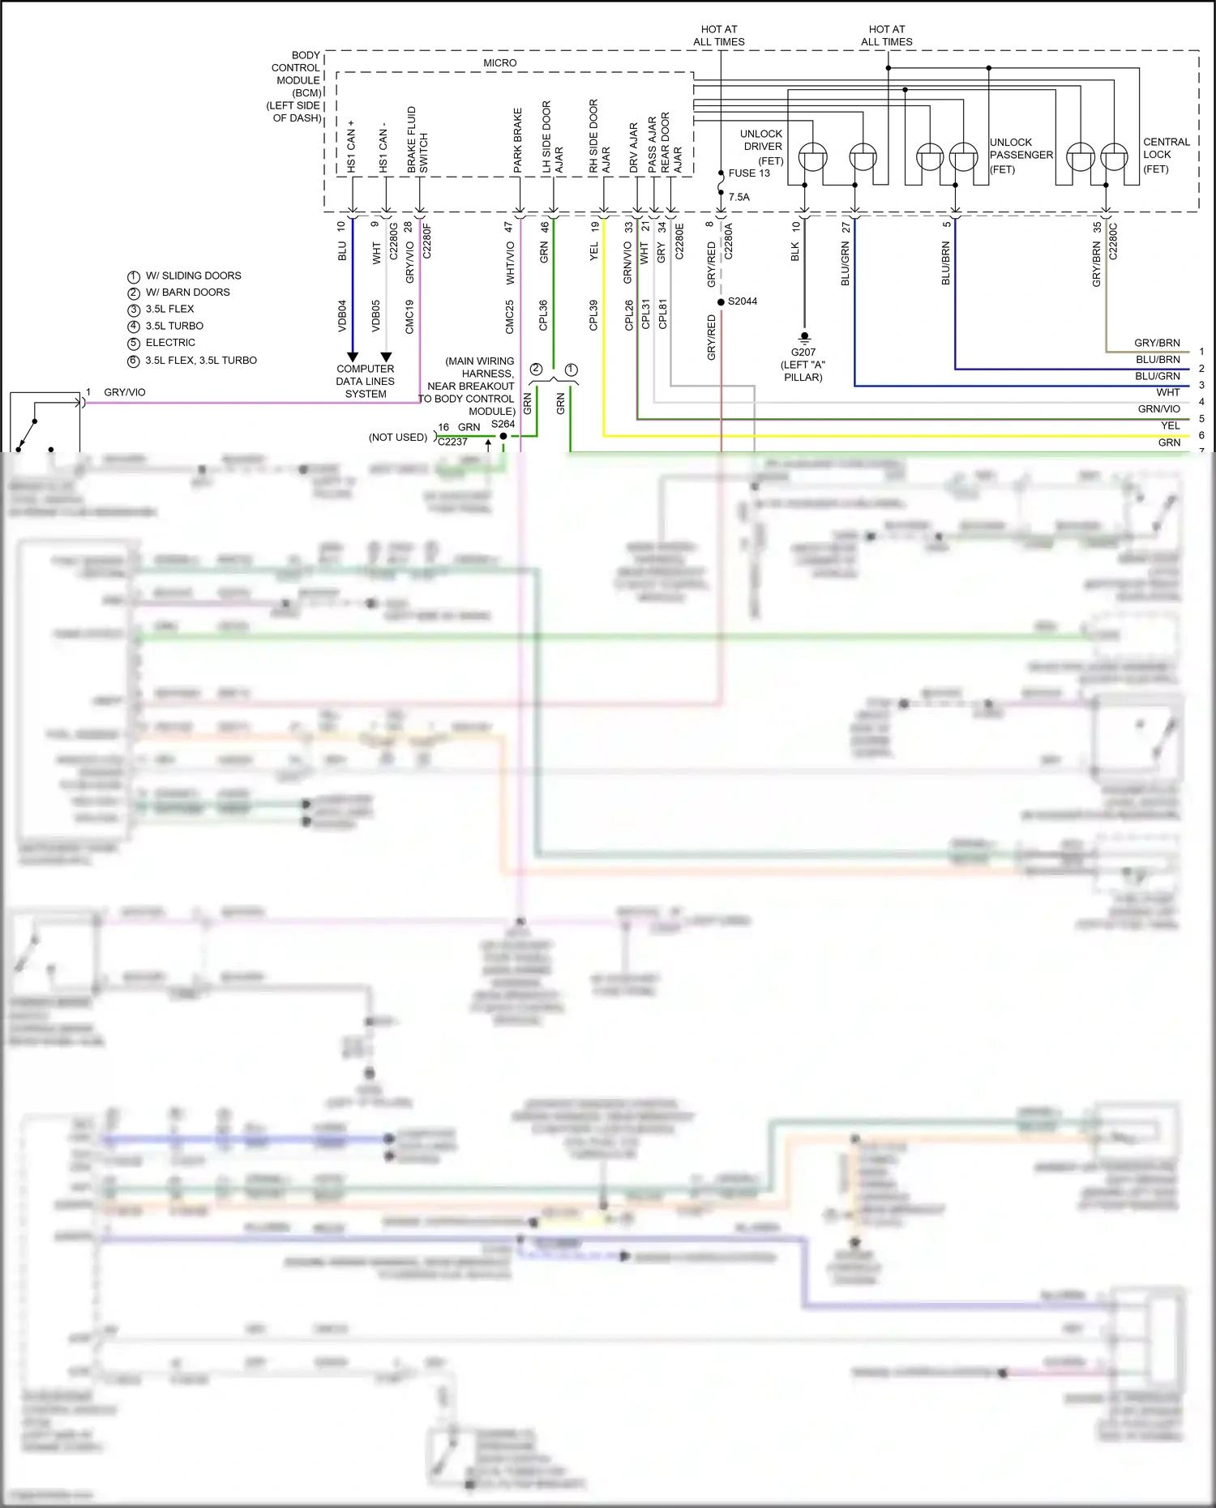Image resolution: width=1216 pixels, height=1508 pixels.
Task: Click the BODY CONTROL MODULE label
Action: pyautogui.click(x=296, y=87)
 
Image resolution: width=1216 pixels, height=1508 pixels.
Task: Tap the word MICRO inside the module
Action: pyautogui.click(x=499, y=63)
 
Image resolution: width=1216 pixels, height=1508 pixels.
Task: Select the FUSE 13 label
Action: pyautogui.click(x=749, y=173)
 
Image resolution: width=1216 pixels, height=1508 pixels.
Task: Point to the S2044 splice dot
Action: pyautogui.click(x=721, y=302)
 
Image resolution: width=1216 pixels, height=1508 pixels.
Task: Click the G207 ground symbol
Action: pyautogui.click(x=804, y=336)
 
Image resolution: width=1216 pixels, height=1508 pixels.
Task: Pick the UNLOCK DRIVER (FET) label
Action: pyautogui.click(x=762, y=147)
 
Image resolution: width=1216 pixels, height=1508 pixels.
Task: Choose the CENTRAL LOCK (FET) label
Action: pyautogui.click(x=1166, y=155)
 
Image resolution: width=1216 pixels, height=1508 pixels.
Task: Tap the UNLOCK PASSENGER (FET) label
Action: pyautogui.click(x=1020, y=155)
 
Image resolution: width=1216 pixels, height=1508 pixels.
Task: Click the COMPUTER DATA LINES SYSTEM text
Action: pyautogui.click(x=366, y=381)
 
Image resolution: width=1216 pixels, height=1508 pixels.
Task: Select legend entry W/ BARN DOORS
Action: pyautogui.click(x=187, y=293)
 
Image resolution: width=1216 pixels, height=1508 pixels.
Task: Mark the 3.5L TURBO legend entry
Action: pyautogui.click(x=174, y=326)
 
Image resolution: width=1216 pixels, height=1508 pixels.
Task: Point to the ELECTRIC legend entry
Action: pyautogui.click(x=170, y=343)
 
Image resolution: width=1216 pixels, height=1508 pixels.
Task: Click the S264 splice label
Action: pyautogui.click(x=503, y=424)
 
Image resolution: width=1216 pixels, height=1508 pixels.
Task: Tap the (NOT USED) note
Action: pyautogui.click(x=397, y=438)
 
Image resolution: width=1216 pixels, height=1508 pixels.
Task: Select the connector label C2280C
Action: pyautogui.click(x=1113, y=241)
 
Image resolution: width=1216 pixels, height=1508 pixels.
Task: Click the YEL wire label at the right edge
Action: pyautogui.click(x=1170, y=426)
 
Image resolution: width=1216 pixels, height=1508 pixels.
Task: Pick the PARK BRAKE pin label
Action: pyautogui.click(x=518, y=140)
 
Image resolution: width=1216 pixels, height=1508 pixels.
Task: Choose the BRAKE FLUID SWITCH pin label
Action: pyautogui.click(x=417, y=139)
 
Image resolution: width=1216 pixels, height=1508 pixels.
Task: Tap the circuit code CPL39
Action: pyautogui.click(x=593, y=314)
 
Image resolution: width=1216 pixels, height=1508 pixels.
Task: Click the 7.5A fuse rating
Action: pyautogui.click(x=739, y=197)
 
